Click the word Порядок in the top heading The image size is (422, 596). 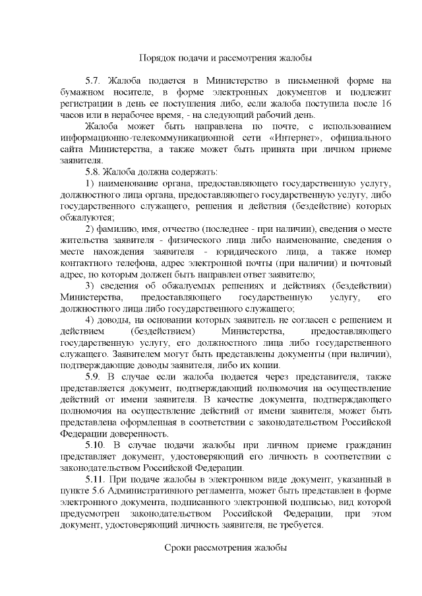[x=159, y=58]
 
